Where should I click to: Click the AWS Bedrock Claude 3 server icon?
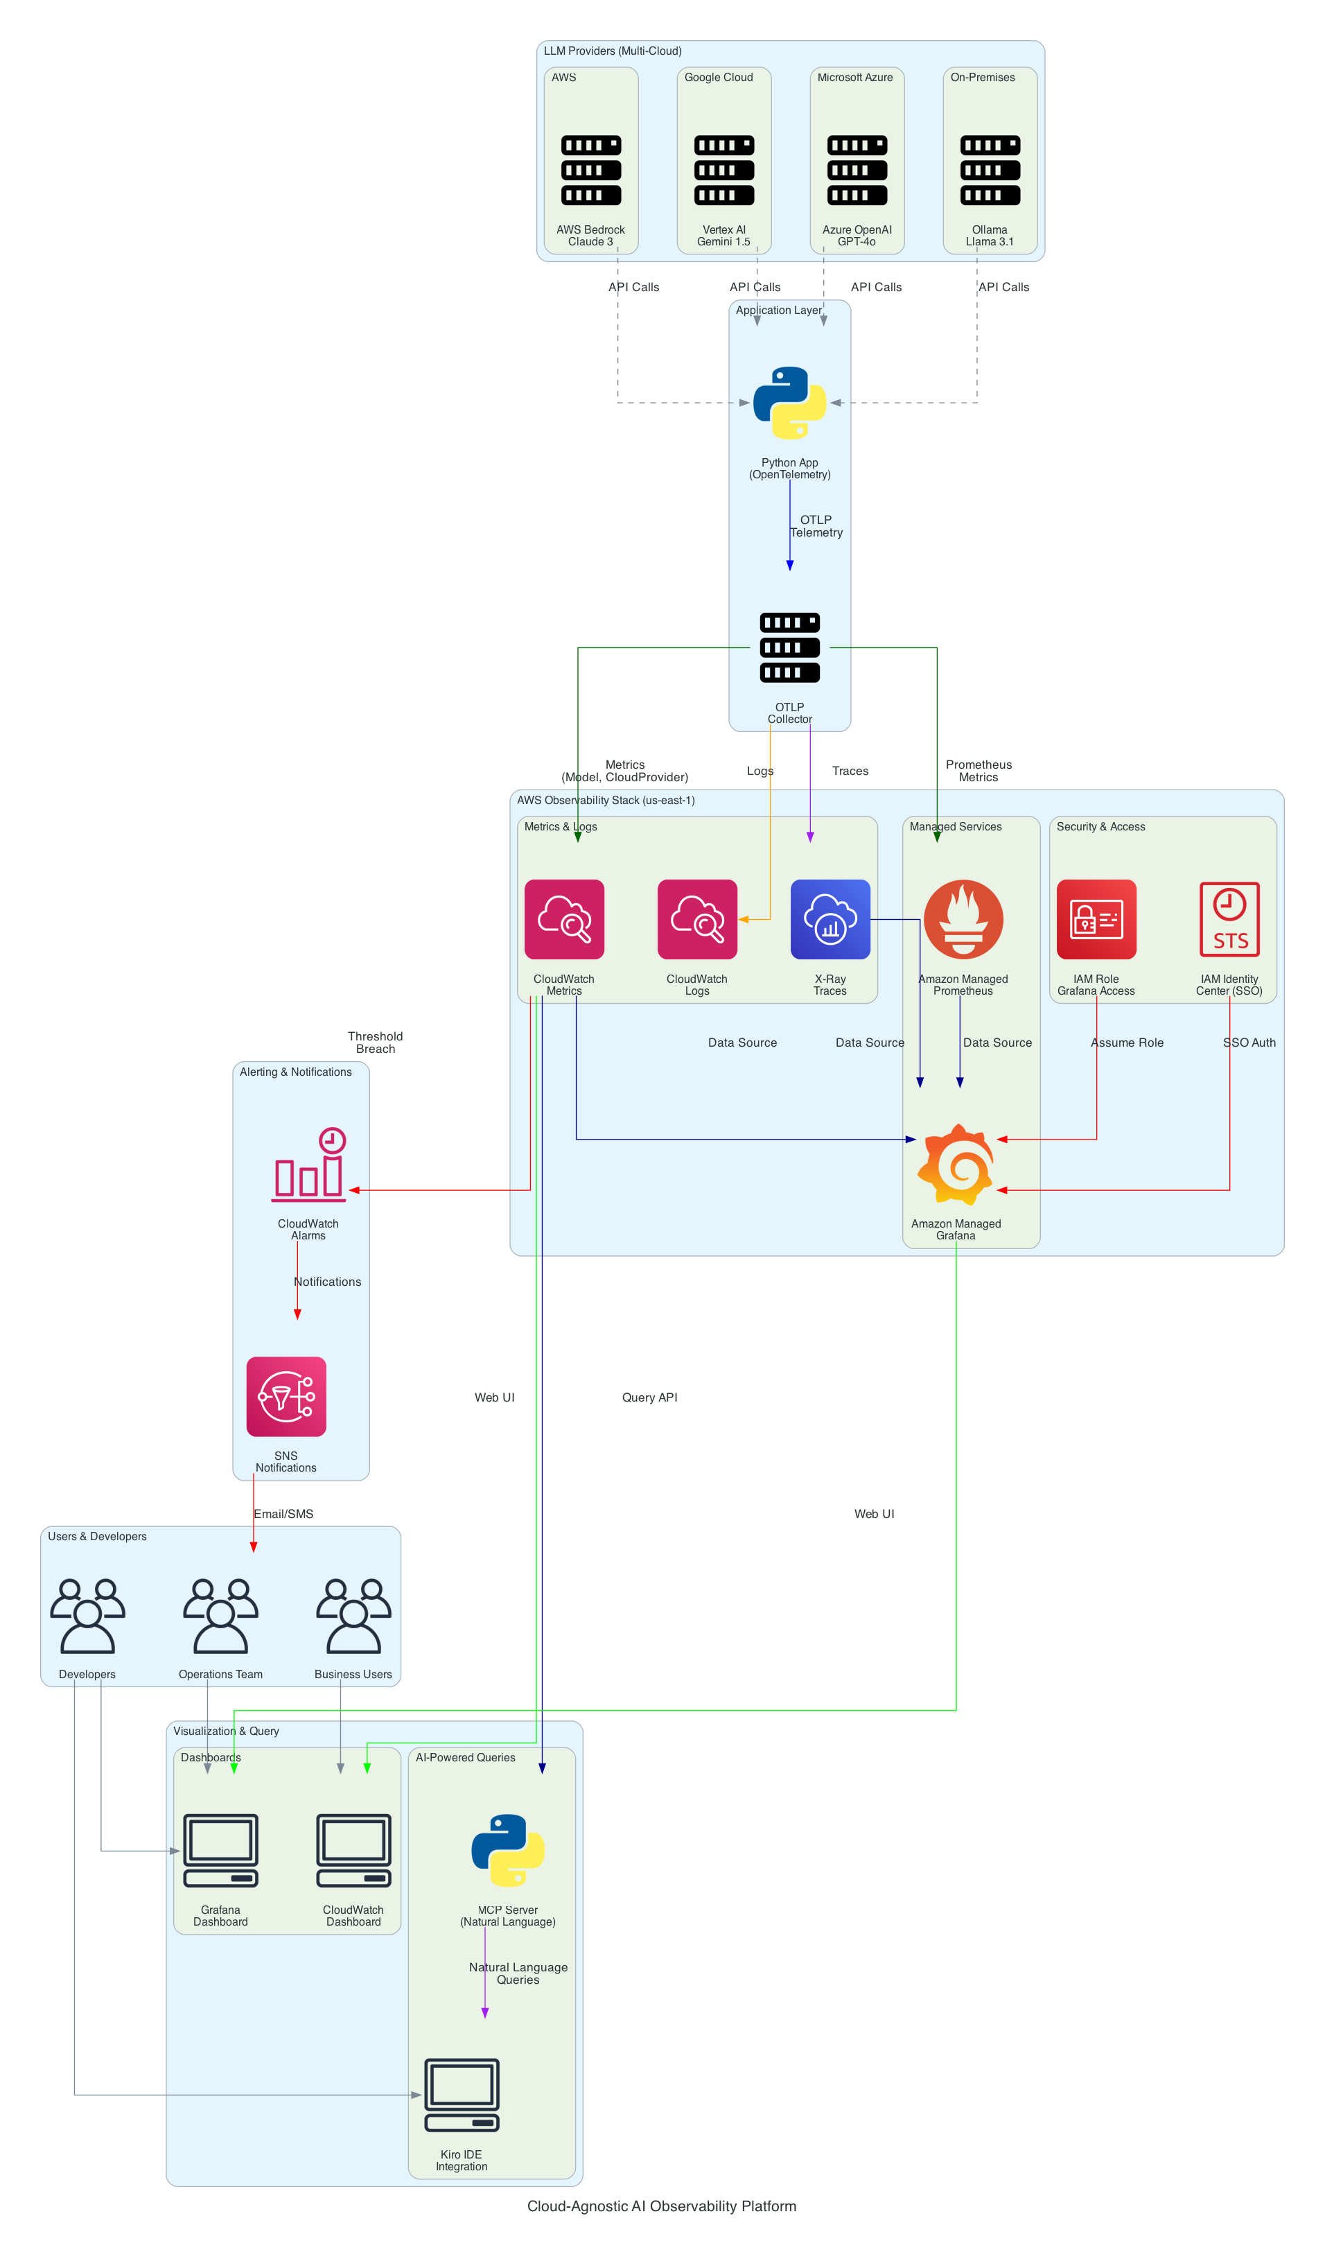[591, 170]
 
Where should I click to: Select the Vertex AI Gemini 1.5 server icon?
[724, 170]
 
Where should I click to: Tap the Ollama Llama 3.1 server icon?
[990, 170]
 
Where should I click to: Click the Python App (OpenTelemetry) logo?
[789, 403]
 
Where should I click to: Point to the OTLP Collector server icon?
[789, 647]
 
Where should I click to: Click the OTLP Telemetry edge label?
[816, 526]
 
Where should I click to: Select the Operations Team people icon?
[220, 1616]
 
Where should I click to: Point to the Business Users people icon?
[353, 1616]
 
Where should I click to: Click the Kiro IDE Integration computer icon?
[462, 2095]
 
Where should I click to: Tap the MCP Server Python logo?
[508, 1850]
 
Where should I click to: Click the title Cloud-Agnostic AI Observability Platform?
[662, 2206]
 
